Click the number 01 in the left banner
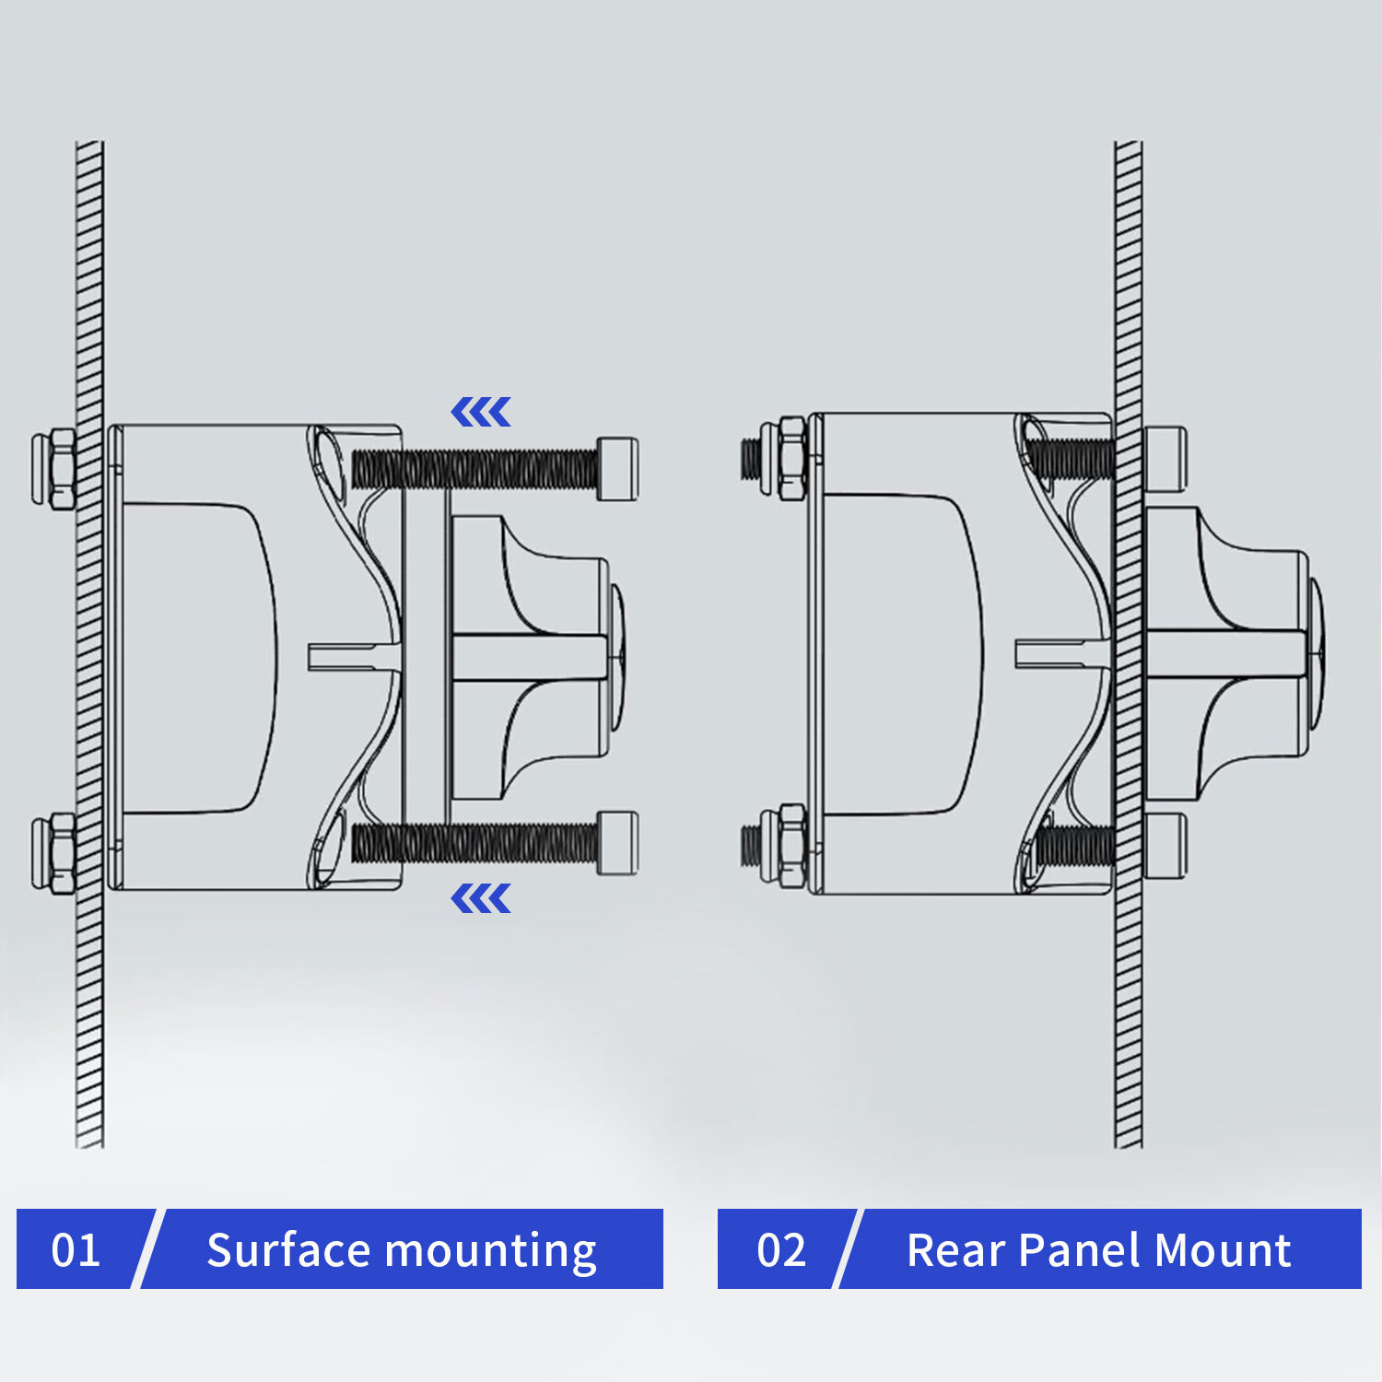76,1250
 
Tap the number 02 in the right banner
781,1250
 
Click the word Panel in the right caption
1080,1250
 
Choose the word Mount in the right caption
1223,1250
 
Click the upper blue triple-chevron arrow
481,413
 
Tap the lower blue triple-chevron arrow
481,898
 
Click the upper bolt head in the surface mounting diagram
617,468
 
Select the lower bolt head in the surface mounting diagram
617,842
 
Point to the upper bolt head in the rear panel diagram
1165,458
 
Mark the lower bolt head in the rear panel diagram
1165,845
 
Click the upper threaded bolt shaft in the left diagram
474,469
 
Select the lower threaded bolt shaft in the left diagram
474,843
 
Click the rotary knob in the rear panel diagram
1230,654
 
